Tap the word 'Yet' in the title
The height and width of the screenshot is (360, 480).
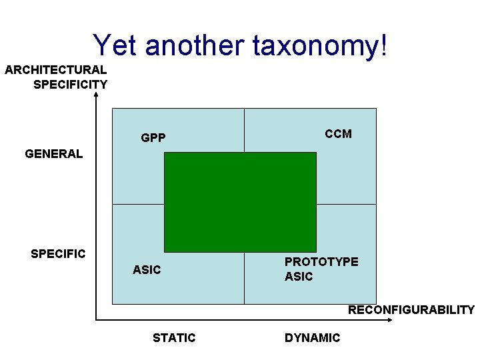115,45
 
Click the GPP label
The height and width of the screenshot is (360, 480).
153,139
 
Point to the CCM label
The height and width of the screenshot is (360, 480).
338,134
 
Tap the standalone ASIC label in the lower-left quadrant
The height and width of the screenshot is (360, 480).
147,270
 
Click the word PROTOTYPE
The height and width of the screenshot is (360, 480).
321,262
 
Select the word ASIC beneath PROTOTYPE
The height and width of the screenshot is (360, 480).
299,277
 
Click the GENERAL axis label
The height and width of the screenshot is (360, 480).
54,154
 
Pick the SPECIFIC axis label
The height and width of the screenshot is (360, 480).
58,254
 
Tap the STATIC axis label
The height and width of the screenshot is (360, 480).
174,338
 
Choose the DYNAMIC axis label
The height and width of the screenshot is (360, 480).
312,338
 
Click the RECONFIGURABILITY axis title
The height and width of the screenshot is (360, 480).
411,310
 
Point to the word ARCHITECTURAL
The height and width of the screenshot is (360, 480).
55,69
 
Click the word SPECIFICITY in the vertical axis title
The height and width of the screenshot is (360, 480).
70,84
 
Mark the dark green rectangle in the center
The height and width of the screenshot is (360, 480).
240,202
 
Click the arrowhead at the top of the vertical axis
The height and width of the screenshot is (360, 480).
97,95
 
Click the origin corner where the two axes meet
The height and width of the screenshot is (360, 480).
97,321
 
